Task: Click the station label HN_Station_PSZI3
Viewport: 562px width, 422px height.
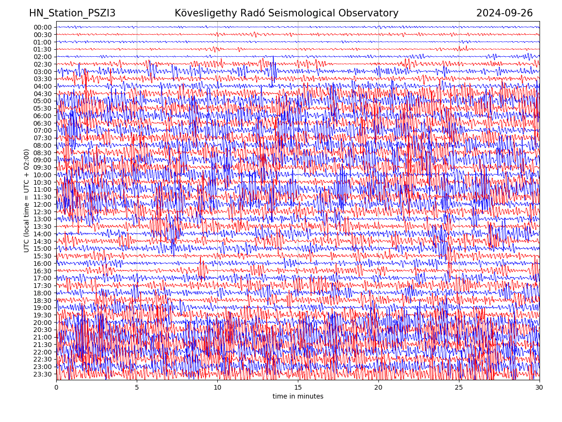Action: pyautogui.click(x=72, y=13)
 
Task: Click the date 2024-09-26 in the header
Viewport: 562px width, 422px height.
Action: pyautogui.click(x=504, y=13)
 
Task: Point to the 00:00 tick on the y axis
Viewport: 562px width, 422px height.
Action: pyautogui.click(x=43, y=27)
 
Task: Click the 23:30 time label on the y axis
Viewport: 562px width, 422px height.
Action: pyautogui.click(x=43, y=374)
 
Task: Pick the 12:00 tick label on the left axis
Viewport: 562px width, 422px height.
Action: pyautogui.click(x=43, y=204)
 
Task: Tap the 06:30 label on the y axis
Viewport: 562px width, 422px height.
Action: pyautogui.click(x=43, y=123)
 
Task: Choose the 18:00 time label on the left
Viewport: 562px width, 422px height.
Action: pyautogui.click(x=43, y=293)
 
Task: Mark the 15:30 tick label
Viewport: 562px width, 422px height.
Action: pyautogui.click(x=43, y=256)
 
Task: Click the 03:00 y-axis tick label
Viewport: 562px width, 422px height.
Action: pyautogui.click(x=43, y=72)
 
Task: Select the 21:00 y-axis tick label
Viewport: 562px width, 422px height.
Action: pyautogui.click(x=43, y=337)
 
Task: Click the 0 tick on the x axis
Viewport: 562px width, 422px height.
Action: pyautogui.click(x=56, y=388)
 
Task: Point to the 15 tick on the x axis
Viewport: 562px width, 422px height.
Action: pyautogui.click(x=298, y=388)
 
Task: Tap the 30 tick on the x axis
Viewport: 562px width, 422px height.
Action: pyautogui.click(x=540, y=388)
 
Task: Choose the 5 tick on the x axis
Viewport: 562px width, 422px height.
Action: pyautogui.click(x=137, y=388)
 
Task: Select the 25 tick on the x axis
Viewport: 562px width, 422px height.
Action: pyautogui.click(x=459, y=388)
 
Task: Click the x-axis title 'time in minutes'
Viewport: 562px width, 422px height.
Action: pyautogui.click(x=298, y=397)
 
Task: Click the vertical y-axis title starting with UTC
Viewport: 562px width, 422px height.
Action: pyautogui.click(x=27, y=201)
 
